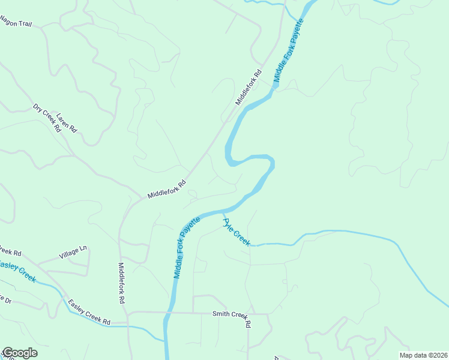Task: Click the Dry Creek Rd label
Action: (x=47, y=118)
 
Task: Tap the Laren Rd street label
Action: (x=67, y=122)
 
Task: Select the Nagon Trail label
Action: (x=16, y=23)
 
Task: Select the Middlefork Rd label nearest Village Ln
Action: (x=121, y=282)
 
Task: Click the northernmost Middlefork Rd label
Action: (x=249, y=88)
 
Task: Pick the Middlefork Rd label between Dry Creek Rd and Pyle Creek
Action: (x=167, y=190)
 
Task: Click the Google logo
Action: (x=19, y=353)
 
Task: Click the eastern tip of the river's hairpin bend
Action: (x=274, y=163)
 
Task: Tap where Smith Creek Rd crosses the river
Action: (x=169, y=313)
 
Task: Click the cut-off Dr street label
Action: (x=5, y=298)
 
